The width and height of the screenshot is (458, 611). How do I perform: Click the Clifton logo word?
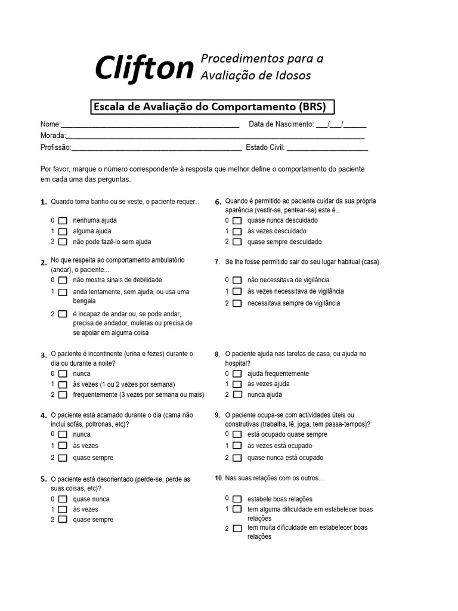tap(144, 68)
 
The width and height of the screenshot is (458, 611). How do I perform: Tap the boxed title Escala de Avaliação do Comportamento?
tap(212, 107)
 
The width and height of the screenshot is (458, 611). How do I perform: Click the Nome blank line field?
tap(150, 125)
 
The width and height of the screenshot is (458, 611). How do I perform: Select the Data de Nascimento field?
tap(341, 125)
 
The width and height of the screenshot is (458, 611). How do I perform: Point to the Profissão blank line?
tap(156, 148)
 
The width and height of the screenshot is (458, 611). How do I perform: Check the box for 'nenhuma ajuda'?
tap(63, 220)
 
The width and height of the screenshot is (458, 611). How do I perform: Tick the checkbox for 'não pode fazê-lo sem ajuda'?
tap(63, 242)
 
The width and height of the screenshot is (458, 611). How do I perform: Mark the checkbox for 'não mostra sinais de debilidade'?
tap(63, 280)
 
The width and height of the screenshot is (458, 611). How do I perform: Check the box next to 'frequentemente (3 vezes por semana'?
tap(63, 395)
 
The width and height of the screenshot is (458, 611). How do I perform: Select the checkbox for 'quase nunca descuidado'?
tap(237, 220)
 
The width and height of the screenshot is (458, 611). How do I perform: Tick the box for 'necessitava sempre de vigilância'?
tap(237, 303)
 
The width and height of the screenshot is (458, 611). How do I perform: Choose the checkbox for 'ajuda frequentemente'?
tap(237, 374)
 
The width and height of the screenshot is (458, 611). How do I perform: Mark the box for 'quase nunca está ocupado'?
tap(237, 458)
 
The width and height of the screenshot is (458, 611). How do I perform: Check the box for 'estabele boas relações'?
tap(237, 499)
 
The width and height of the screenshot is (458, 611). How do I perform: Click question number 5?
tap(44, 479)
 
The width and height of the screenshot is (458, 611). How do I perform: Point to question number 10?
tap(218, 479)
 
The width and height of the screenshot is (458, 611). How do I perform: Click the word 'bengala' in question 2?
tap(84, 301)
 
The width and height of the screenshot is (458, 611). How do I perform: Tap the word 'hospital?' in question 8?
tap(237, 363)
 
